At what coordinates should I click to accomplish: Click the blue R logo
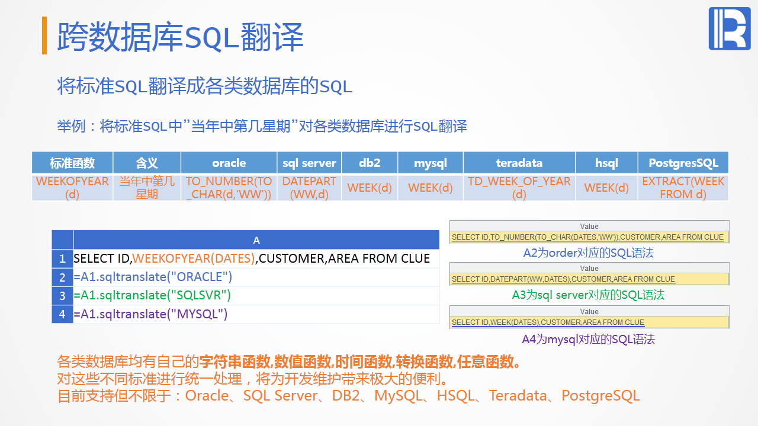point(730,29)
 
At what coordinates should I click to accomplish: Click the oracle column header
point(229,163)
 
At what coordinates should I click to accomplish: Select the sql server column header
point(309,163)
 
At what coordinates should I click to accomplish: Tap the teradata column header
point(519,163)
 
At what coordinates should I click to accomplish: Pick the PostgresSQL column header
point(683,163)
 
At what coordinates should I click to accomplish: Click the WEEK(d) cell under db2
point(370,188)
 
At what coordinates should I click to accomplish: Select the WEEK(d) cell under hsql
point(606,188)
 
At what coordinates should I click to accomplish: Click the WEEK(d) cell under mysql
point(431,188)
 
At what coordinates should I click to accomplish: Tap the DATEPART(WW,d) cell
point(309,188)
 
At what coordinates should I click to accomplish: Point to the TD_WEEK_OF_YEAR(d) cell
point(519,188)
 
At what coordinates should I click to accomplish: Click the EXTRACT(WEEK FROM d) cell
point(683,188)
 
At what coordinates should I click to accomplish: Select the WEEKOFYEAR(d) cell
point(72,188)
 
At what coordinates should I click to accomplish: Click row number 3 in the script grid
point(62,295)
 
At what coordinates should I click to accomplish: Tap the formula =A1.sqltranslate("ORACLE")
point(153,277)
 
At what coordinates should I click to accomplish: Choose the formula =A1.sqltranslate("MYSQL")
point(150,314)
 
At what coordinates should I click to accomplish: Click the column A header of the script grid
point(256,240)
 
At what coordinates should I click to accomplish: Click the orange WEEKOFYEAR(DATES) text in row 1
point(194,259)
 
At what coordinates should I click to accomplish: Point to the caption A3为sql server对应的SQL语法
point(589,295)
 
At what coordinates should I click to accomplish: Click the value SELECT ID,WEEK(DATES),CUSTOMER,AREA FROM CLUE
point(548,322)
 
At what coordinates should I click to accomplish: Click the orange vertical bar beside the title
point(44,35)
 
